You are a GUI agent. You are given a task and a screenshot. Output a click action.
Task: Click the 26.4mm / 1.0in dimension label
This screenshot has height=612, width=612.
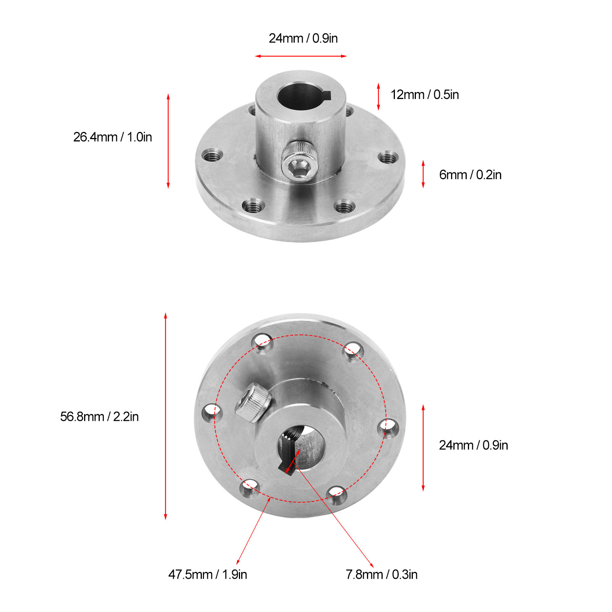tap(112, 137)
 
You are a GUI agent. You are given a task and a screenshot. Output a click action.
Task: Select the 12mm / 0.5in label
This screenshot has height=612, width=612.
tap(424, 95)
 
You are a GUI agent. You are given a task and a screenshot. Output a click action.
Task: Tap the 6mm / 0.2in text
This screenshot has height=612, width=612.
tap(470, 175)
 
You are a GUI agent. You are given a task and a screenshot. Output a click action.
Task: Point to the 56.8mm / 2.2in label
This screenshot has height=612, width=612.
tap(99, 416)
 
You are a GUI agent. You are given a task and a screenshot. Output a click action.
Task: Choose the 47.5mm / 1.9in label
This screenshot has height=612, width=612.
tap(208, 574)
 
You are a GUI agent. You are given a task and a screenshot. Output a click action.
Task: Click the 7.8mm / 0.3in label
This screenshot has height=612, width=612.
tap(381, 574)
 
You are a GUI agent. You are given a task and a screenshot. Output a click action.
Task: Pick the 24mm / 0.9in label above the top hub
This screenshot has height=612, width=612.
tap(303, 38)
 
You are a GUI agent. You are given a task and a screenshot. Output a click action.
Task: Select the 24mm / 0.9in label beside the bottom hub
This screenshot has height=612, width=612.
tap(473, 445)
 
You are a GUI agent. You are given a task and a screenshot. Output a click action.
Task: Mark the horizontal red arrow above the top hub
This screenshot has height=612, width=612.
tap(301, 56)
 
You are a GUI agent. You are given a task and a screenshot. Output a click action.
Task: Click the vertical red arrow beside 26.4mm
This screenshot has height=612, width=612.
tap(168, 141)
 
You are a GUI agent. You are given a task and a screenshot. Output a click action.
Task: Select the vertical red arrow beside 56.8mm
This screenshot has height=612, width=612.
tap(166, 416)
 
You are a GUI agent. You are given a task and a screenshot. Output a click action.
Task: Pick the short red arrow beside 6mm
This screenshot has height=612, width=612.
tap(423, 174)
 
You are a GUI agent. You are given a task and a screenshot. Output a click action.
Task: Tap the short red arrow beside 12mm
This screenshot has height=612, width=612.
tap(378, 96)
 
